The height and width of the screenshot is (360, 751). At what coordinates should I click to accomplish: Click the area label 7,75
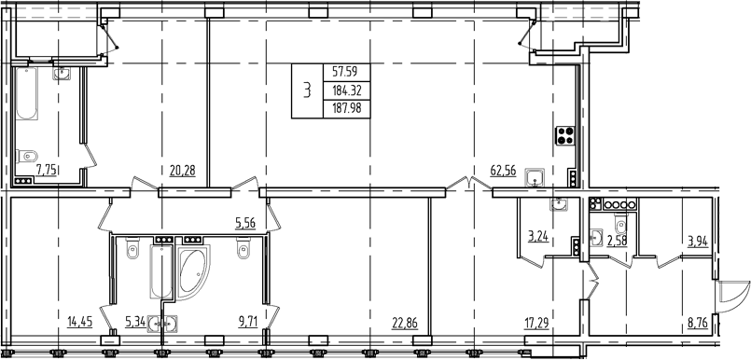pos(47,170)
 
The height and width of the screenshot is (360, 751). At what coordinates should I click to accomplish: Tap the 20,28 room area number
pos(182,170)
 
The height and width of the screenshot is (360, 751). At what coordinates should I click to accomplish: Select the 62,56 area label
pos(503,170)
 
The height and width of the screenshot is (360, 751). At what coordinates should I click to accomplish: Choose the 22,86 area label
pos(403,323)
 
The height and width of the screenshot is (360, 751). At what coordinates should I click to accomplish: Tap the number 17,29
pos(537,323)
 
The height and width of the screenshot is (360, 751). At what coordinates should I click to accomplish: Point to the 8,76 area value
pos(698,323)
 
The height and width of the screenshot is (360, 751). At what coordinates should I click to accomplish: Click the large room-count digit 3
pos(305,90)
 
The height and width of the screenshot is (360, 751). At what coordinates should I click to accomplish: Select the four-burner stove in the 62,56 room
pos(564,136)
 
